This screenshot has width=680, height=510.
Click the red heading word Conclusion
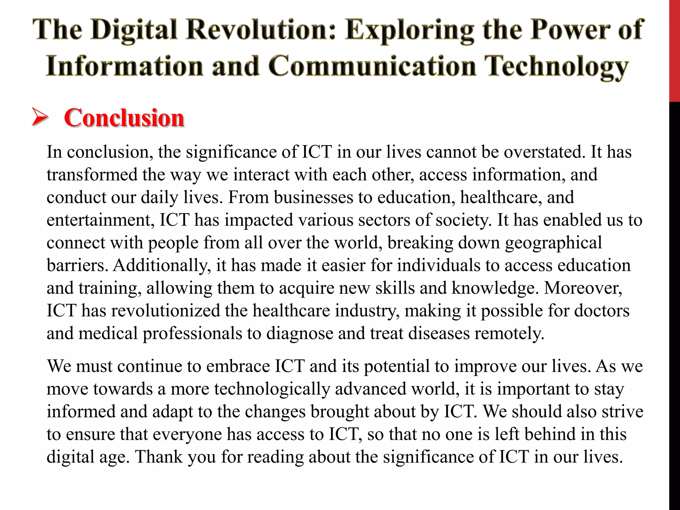tap(124, 118)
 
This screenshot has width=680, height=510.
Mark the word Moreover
tap(583, 288)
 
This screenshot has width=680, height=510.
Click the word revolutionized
tap(166, 311)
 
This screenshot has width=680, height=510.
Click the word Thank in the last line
tap(159, 457)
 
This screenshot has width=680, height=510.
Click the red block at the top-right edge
tap(674, 50)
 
